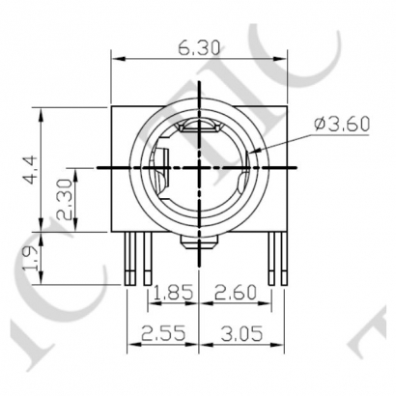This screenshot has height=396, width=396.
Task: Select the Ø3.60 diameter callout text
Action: (x=342, y=124)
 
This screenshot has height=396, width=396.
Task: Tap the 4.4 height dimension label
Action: (x=31, y=171)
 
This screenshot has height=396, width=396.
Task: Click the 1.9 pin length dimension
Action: (x=31, y=260)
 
